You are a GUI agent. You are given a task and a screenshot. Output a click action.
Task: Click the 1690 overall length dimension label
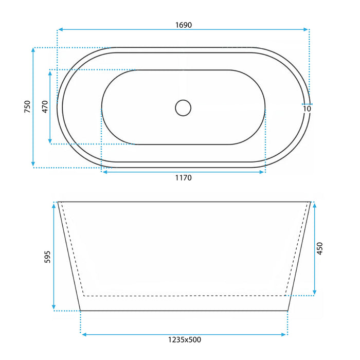pyautogui.click(x=184, y=25)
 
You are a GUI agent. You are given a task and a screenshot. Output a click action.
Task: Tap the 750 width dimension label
pyautogui.click(x=27, y=106)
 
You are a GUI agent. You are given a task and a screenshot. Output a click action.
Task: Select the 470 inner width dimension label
pyautogui.click(x=45, y=106)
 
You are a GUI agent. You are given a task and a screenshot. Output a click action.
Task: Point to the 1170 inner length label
pyautogui.click(x=184, y=178)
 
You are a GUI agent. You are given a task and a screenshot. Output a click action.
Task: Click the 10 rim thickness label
pyautogui.click(x=307, y=109)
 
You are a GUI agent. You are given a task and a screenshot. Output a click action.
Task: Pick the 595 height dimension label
pyautogui.click(x=47, y=257)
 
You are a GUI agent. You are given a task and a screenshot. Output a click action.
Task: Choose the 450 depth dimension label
pyautogui.click(x=319, y=248)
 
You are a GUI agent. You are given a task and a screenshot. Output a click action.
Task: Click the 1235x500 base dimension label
pyautogui.click(x=185, y=339)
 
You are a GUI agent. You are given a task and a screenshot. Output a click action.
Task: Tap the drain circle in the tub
pyautogui.click(x=183, y=108)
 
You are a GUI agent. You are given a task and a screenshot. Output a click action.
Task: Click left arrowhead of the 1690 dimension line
pyautogui.click(x=61, y=29)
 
